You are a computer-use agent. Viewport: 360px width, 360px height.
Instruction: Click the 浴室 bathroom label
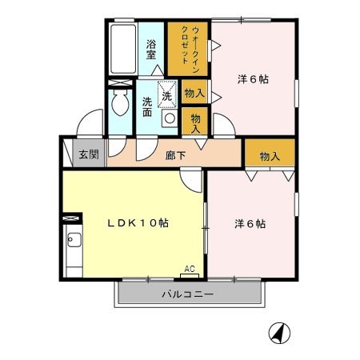[151, 50]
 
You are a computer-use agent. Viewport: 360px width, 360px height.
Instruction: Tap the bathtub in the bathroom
[123, 49]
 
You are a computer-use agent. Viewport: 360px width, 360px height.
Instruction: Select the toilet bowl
[120, 102]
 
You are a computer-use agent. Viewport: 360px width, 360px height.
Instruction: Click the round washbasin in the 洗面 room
[170, 118]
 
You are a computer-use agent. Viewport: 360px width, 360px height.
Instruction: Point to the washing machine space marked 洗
[167, 94]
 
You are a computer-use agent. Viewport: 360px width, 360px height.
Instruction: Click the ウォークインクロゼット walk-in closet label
[190, 49]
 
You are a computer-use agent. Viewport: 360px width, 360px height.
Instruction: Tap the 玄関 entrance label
[89, 154]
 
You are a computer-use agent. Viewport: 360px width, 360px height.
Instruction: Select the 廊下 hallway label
[175, 155]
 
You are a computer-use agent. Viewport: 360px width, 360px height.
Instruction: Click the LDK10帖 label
[138, 223]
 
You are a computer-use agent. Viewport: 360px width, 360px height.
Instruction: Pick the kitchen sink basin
[74, 240]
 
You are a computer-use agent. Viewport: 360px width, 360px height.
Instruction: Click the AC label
[190, 269]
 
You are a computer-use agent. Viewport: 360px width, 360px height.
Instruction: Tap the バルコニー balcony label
[188, 294]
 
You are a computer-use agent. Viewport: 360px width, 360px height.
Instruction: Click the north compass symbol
[279, 333]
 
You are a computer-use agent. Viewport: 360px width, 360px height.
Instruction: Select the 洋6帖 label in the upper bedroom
[253, 79]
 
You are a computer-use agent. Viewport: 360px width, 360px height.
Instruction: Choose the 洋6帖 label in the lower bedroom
[250, 223]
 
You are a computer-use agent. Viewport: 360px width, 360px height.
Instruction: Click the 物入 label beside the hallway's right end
[270, 156]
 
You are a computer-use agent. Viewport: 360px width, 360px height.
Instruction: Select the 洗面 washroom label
[147, 106]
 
